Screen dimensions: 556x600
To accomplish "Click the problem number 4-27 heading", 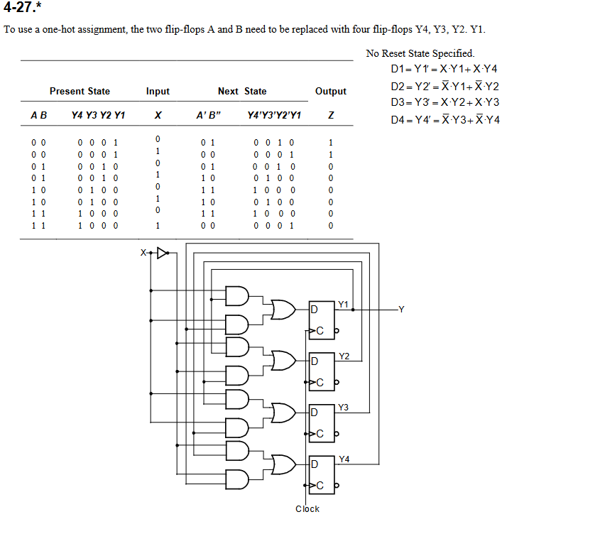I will (23, 10).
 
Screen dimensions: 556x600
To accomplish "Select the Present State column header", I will (80, 91).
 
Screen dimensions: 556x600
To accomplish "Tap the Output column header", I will (330, 91).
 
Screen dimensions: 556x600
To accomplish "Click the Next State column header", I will (242, 91).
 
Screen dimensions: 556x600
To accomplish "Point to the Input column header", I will (158, 91).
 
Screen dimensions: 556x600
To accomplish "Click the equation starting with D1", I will (444, 69).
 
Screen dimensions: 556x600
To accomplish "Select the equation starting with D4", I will (445, 119).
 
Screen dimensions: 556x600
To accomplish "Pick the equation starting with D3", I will (445, 102).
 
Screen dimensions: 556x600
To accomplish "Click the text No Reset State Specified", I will (420, 53).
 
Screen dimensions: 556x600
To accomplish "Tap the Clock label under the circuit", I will (307, 508).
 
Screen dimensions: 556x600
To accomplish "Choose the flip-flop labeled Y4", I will (321, 473).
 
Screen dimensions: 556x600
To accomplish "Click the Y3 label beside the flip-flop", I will (344, 408).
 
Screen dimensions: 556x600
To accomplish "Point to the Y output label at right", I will (402, 309).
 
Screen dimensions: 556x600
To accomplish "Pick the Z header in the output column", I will (331, 116).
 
